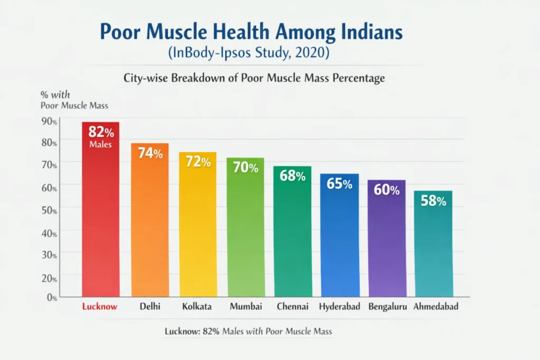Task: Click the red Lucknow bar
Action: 100,221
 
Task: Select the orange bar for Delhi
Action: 150,227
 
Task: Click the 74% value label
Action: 150,153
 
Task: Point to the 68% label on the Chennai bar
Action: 293,176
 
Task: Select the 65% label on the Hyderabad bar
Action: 340,184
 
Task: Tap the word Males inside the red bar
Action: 100,144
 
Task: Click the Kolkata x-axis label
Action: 197,306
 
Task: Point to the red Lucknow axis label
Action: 100,306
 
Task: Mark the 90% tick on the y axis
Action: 49,121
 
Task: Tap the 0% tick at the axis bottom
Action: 51,298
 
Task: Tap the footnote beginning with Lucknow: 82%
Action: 248,332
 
